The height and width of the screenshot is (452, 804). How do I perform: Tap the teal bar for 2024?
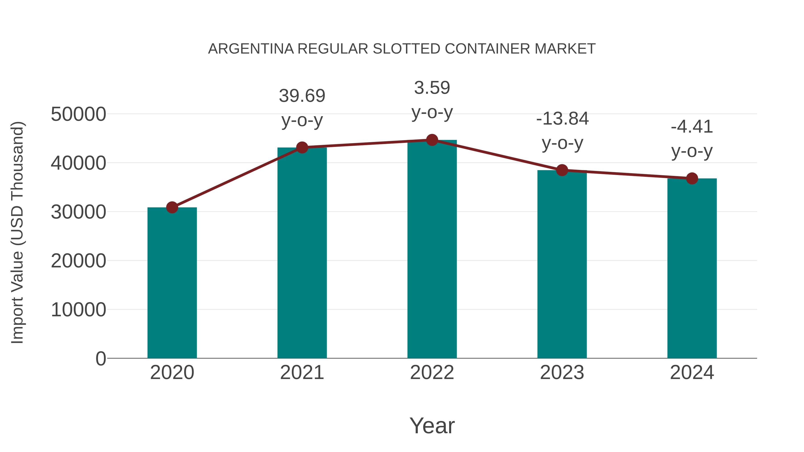tap(692, 268)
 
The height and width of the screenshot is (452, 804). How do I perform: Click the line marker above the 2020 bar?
tap(172, 207)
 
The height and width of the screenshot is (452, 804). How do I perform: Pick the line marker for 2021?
tap(302, 148)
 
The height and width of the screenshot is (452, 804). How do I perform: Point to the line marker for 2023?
tap(562, 170)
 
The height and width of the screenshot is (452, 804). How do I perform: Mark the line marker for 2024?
tap(692, 178)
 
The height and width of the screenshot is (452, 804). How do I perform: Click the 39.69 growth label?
tap(302, 96)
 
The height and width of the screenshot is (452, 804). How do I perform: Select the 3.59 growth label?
tap(432, 88)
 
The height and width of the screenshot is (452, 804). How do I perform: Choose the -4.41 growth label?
tap(692, 127)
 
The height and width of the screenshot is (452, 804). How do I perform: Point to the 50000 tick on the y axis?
tap(78, 114)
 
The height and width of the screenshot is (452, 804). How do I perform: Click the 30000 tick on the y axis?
tap(78, 212)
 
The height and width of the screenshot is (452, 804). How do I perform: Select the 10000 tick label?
tap(78, 310)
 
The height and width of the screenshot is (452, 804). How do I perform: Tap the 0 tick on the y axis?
tap(101, 358)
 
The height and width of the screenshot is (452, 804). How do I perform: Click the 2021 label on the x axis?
tap(302, 373)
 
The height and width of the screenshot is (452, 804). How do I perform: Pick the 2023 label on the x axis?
tap(562, 373)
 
